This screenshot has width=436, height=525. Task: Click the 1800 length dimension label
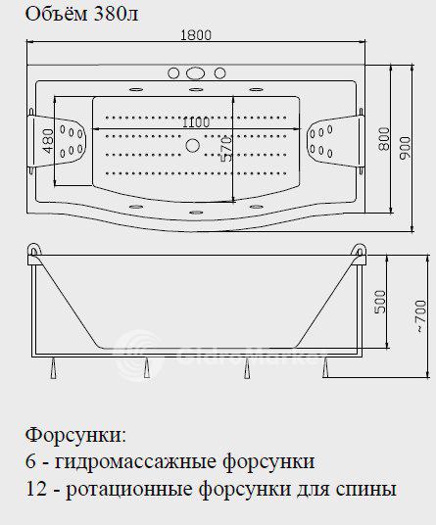(x=196, y=35)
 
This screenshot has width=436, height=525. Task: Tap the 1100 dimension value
(x=196, y=122)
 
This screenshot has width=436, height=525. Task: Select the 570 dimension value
(x=226, y=149)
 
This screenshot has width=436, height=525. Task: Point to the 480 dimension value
(x=49, y=141)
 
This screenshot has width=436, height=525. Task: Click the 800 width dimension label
(x=384, y=139)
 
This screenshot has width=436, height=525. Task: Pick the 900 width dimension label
(x=405, y=148)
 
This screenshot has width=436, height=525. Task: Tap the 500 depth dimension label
(x=380, y=302)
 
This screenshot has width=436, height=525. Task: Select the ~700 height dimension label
(x=420, y=315)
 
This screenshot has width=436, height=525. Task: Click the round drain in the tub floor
(x=193, y=145)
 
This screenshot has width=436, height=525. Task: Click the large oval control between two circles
(x=196, y=73)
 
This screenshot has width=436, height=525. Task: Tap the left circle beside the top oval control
(x=173, y=73)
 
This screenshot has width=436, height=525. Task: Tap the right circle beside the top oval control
(x=219, y=73)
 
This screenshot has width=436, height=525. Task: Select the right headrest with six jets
(x=334, y=141)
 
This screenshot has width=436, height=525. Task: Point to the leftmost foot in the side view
(x=54, y=368)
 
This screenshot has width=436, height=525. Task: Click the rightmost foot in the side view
(x=325, y=367)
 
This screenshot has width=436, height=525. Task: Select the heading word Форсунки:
(x=76, y=436)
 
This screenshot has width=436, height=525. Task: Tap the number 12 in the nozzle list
(x=36, y=489)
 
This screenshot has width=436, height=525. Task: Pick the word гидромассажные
(x=136, y=462)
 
